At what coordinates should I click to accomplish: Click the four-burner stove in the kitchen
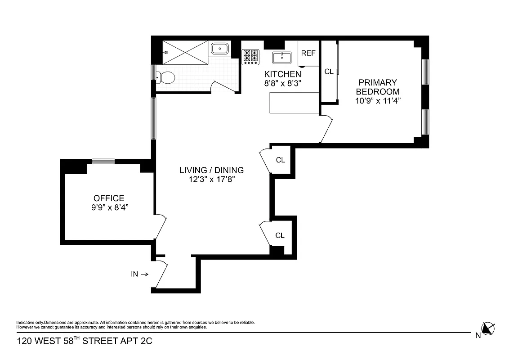click(251, 56)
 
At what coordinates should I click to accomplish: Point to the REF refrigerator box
click(308, 53)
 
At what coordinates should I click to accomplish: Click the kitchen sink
click(282, 57)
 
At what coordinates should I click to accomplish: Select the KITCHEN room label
click(282, 74)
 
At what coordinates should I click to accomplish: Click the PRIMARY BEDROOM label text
click(378, 87)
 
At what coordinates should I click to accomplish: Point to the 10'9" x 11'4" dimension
click(378, 100)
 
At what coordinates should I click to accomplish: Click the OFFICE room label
click(108, 198)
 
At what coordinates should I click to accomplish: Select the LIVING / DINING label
click(211, 170)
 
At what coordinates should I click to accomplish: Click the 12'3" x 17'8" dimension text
click(211, 180)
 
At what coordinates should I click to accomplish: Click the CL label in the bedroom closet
click(329, 72)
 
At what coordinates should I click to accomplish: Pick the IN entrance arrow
click(144, 274)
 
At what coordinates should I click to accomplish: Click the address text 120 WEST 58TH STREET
click(85, 341)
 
